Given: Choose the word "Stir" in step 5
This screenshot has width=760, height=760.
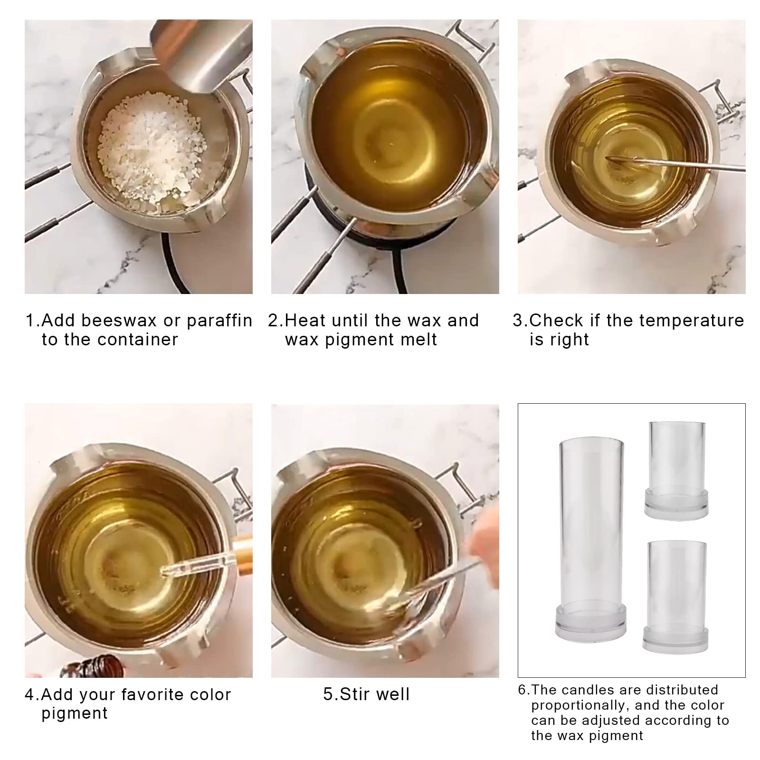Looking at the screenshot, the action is pyautogui.click(x=354, y=694).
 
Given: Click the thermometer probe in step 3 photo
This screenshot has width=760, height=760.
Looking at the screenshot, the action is pyautogui.click(x=674, y=163).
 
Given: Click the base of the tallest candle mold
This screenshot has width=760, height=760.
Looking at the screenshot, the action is pyautogui.click(x=590, y=622).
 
